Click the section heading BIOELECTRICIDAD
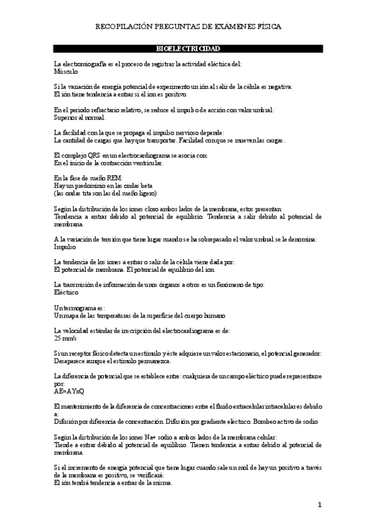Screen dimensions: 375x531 point(187,49)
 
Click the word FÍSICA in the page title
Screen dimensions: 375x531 point(267,27)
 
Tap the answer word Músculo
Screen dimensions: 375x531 point(66,71)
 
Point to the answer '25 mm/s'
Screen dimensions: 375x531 point(66,338)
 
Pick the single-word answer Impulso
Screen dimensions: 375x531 point(65,246)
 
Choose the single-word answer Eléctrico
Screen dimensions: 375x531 point(66,292)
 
